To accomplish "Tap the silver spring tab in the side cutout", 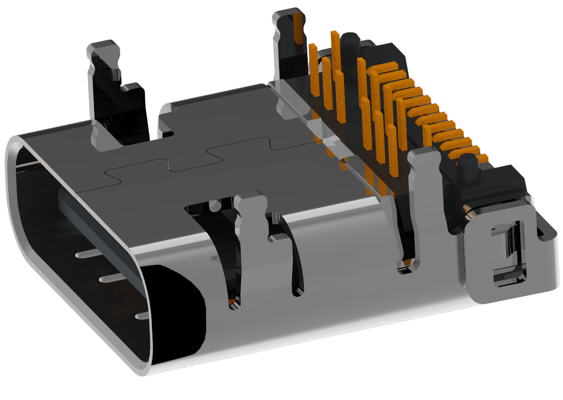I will [x=252, y=216].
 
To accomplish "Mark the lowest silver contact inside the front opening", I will [x=142, y=315].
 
